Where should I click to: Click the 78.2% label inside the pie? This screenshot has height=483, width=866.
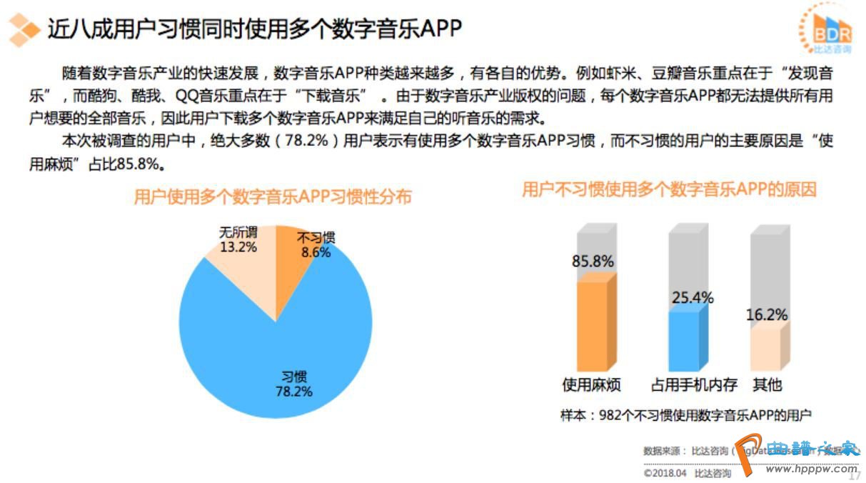293,391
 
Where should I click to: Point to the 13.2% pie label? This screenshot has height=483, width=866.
238,247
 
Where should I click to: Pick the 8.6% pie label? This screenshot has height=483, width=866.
316,252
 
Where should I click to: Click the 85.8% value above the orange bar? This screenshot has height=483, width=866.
593,262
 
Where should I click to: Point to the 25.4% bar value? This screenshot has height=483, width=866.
693,297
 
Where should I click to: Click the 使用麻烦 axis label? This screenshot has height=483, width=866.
592,385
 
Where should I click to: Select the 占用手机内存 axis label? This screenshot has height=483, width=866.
694,385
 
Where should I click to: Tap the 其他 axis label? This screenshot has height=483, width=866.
767,385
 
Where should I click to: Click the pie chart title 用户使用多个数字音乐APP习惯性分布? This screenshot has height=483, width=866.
273,196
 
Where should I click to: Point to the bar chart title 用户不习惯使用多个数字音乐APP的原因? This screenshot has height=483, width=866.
669,189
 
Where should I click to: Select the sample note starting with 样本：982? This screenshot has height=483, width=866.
686,415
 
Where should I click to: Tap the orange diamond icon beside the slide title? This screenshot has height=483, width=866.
24,29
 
